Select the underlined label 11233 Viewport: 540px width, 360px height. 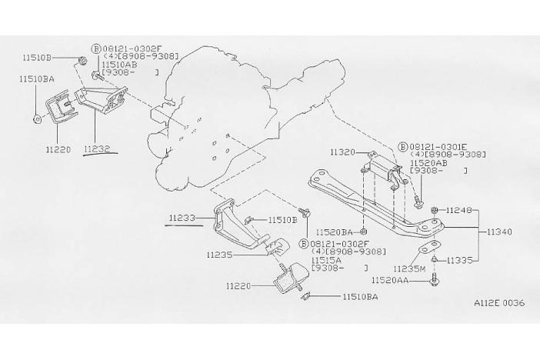[182, 218]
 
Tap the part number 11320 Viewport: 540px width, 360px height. [342, 153]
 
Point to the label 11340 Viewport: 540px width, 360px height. [500, 231]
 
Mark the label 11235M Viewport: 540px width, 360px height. [409, 269]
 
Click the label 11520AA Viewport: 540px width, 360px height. [394, 281]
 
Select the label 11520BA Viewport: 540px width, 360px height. [335, 231]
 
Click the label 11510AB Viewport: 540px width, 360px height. [119, 65]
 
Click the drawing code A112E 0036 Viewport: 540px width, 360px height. [498, 302]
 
